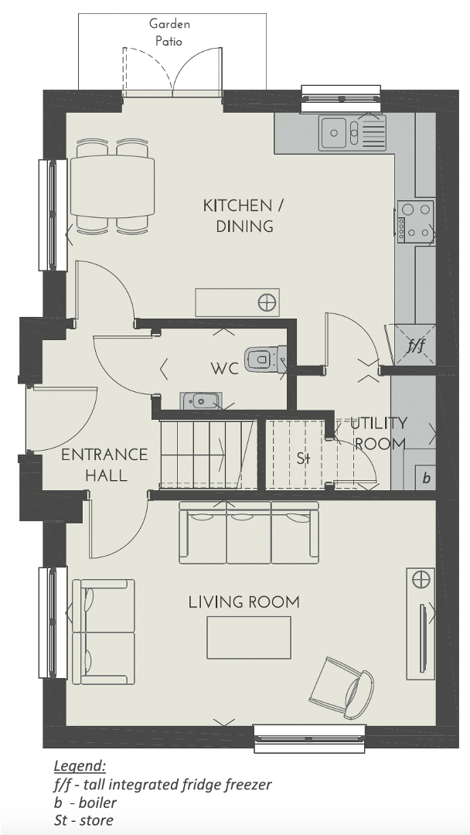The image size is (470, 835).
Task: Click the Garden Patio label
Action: pyautogui.click(x=169, y=32)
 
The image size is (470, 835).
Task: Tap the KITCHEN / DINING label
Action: pyautogui.click(x=244, y=216)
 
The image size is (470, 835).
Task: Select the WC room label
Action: pyautogui.click(x=225, y=369)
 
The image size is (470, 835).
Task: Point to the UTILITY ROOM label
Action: pyautogui.click(x=380, y=433)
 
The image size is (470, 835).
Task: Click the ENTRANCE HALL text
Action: pyautogui.click(x=105, y=465)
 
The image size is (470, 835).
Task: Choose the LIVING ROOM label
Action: pyautogui.click(x=244, y=602)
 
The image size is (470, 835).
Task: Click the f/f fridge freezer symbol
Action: pyautogui.click(x=416, y=345)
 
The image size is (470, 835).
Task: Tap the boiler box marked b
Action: pyautogui.click(x=426, y=478)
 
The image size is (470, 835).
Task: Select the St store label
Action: pyautogui.click(x=303, y=458)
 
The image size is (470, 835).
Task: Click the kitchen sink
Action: pyautogui.click(x=352, y=133)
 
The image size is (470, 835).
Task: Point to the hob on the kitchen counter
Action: pyautogui.click(x=416, y=222)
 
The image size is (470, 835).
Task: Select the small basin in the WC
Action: pyautogui.click(x=201, y=400)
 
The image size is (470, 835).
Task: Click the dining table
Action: pyautogui.click(x=112, y=186)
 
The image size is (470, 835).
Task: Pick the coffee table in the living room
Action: pyautogui.click(x=249, y=637)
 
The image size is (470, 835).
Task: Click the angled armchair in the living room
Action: pyautogui.click(x=342, y=687)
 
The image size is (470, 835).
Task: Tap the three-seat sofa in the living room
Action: pyautogui.click(x=249, y=533)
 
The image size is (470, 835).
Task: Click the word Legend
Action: pyautogui.click(x=80, y=766)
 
